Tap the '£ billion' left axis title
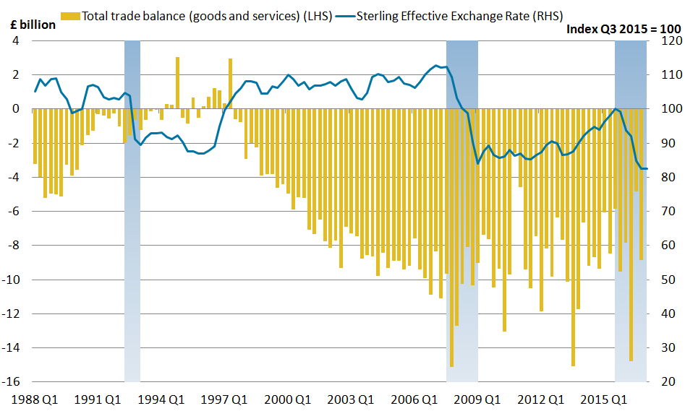32,25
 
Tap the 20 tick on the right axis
663,382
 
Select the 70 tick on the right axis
663,212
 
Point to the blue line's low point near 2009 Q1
477,163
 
